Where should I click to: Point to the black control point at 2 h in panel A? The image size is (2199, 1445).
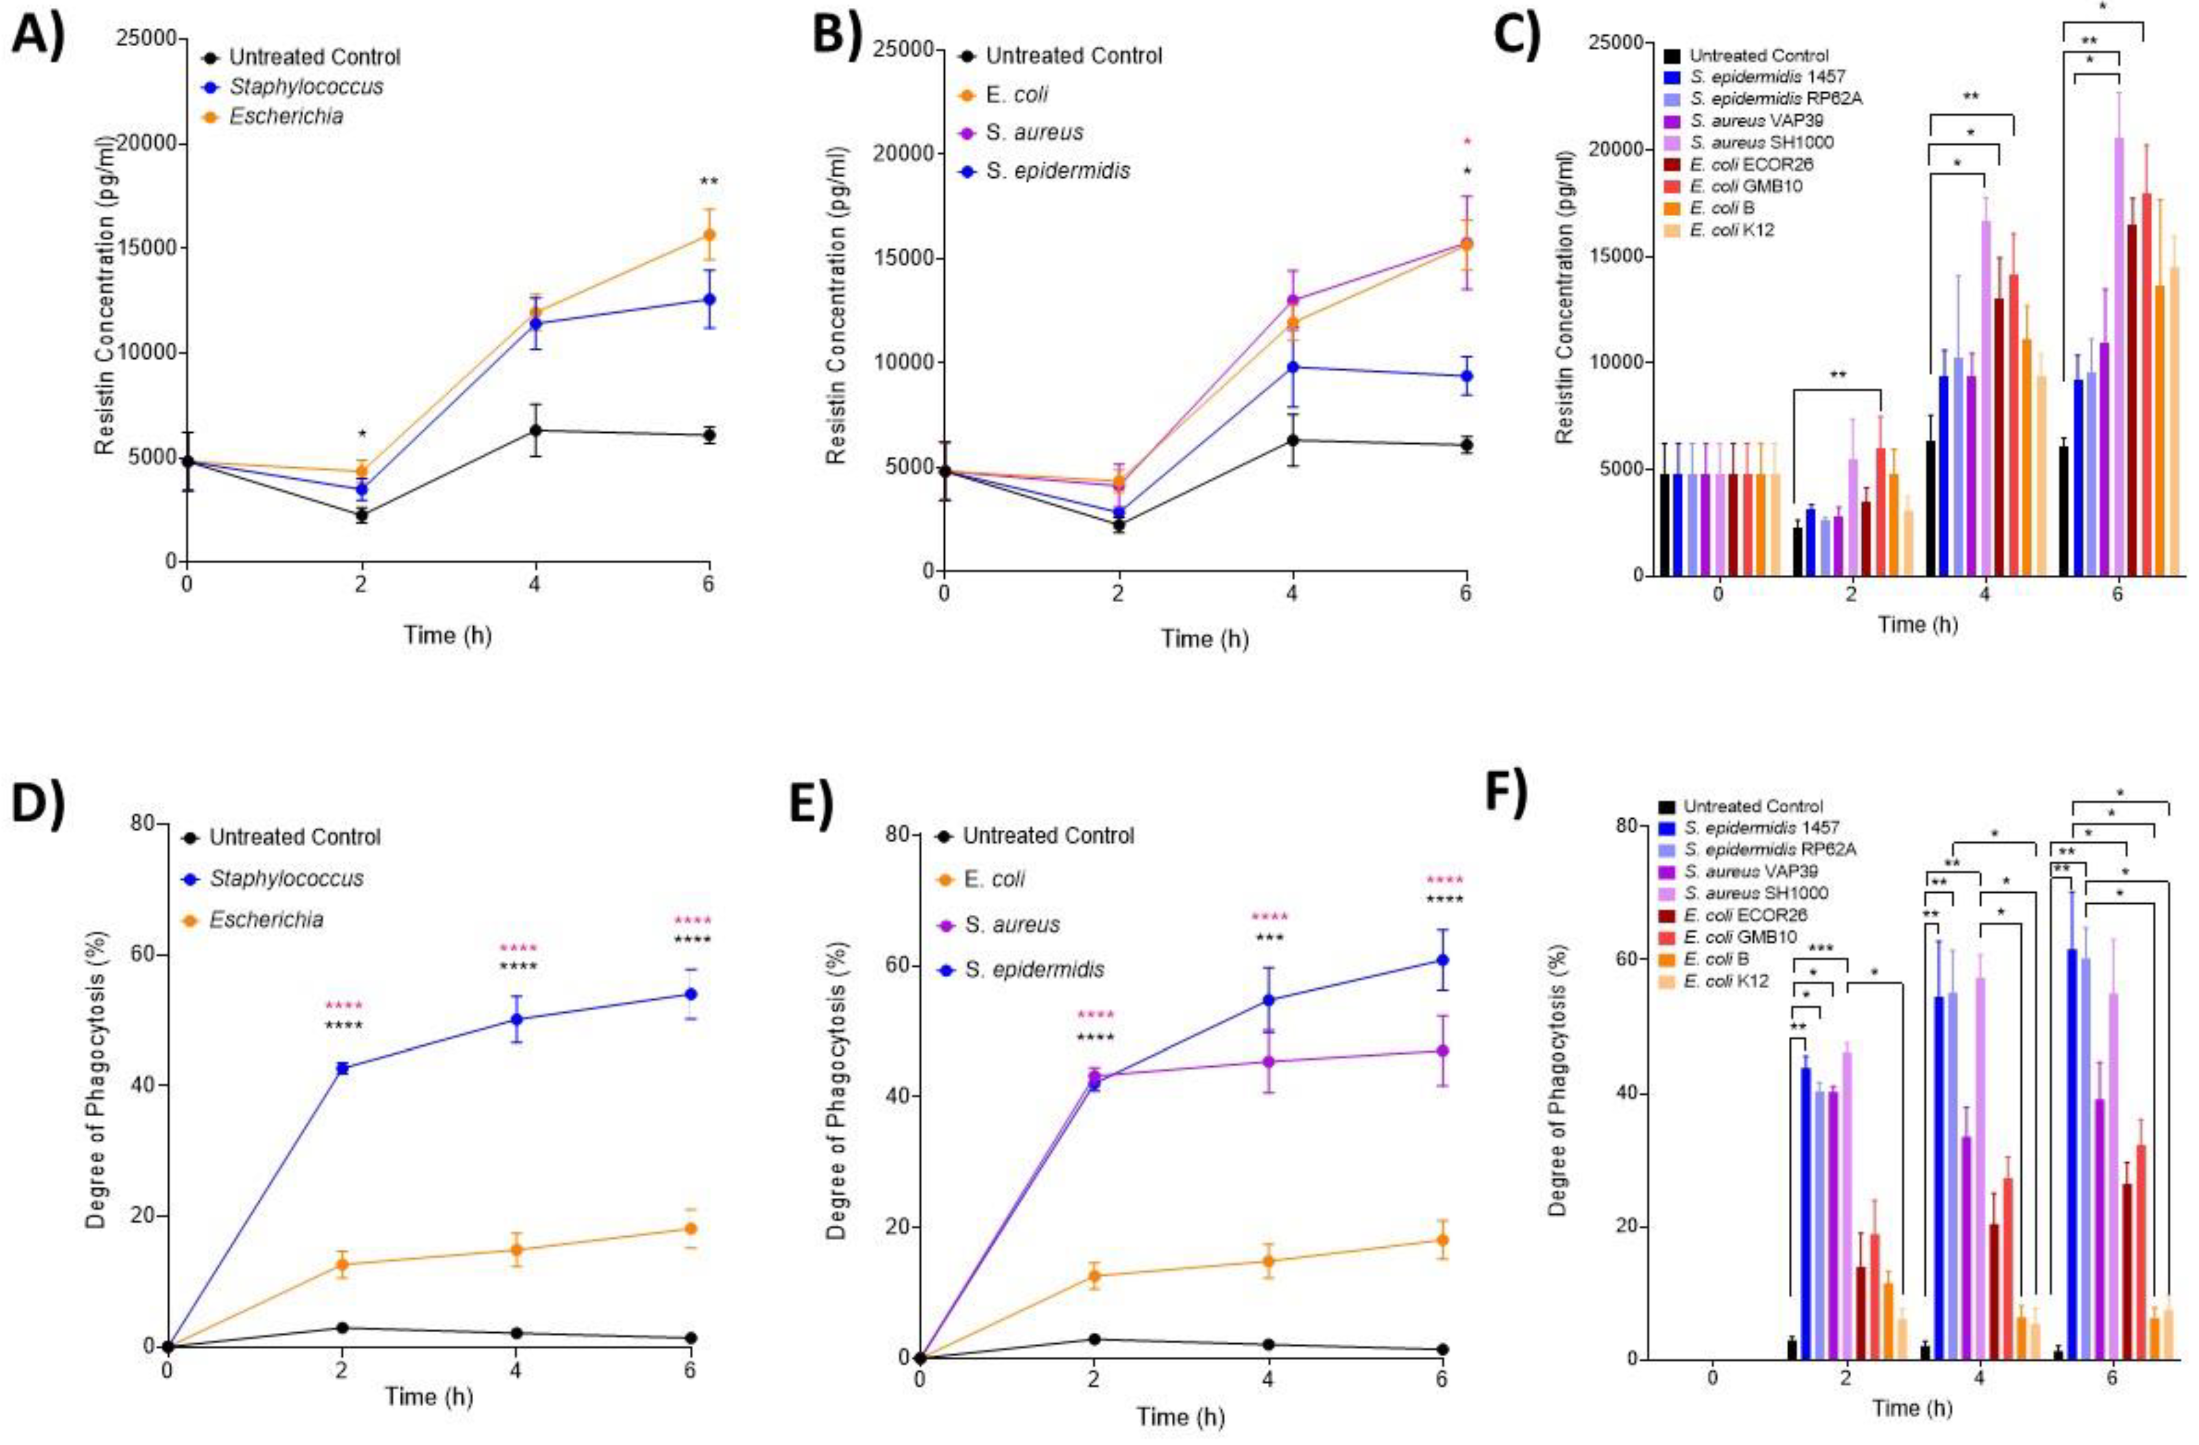[x=361, y=516]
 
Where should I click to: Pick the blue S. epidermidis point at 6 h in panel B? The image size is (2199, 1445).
[x=1465, y=376]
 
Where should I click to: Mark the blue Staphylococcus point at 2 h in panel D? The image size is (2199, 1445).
[x=342, y=1068]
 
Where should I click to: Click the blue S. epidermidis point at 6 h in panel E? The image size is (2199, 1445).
[x=1442, y=960]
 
